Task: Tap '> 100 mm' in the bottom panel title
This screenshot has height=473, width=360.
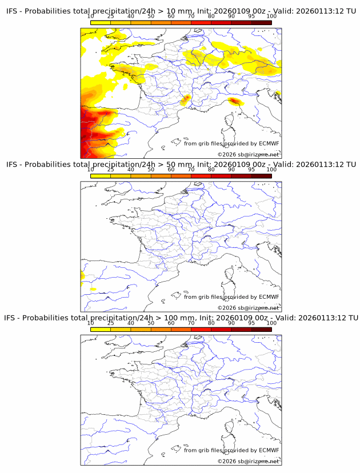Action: tap(174, 318)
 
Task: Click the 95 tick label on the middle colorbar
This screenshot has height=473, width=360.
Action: tap(251, 170)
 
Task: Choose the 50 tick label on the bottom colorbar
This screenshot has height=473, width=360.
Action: tap(151, 323)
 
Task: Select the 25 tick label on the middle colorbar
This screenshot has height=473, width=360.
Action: tap(111, 170)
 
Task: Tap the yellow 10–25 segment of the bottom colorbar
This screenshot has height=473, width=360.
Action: tap(101, 330)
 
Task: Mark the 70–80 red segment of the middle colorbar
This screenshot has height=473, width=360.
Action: tap(201, 176)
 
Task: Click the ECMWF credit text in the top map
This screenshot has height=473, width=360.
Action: tap(231, 143)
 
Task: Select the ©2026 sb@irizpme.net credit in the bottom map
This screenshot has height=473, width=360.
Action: tap(248, 461)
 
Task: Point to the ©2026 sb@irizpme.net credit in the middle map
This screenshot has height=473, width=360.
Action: tap(248, 307)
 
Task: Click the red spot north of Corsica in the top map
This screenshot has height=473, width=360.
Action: tap(234, 102)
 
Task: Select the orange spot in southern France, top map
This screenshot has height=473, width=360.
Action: tap(185, 101)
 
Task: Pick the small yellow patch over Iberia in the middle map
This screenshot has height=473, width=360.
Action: tap(93, 290)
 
